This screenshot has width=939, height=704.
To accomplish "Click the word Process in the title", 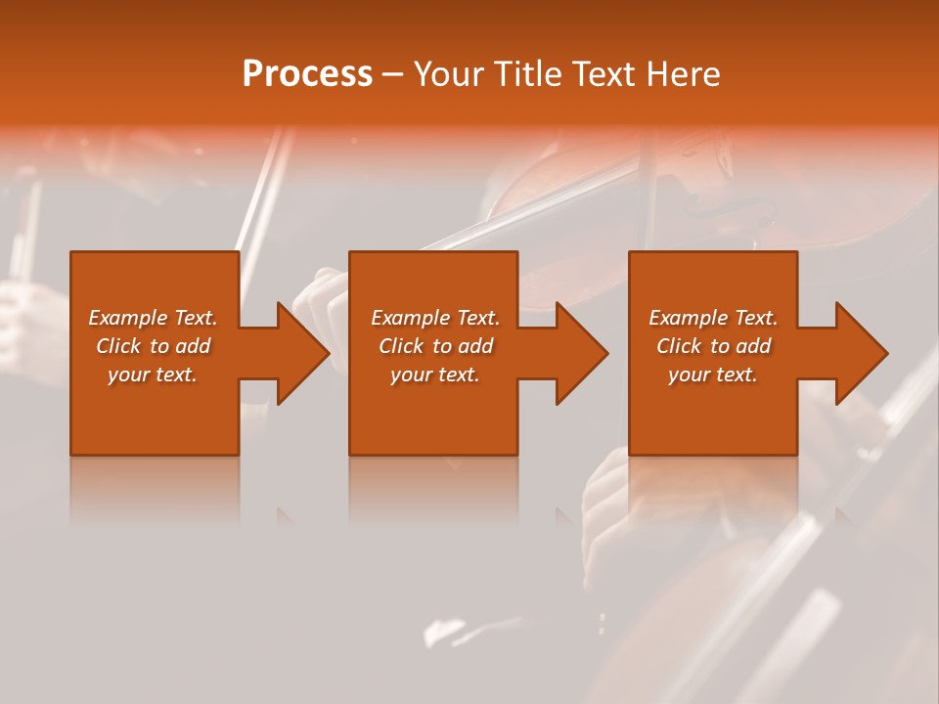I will (x=307, y=74).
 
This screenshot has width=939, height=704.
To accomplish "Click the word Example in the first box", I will (x=128, y=318).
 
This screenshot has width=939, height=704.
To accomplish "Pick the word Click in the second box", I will (x=401, y=346).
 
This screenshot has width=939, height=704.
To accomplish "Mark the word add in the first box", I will (x=194, y=346).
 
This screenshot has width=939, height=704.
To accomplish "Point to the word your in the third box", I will (x=690, y=374).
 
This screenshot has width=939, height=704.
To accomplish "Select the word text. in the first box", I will (x=177, y=374).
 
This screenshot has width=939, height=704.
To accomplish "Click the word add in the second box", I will (x=476, y=346).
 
